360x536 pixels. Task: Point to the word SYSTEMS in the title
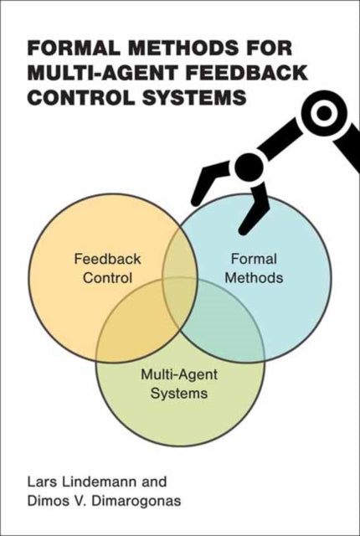[x=198, y=95]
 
